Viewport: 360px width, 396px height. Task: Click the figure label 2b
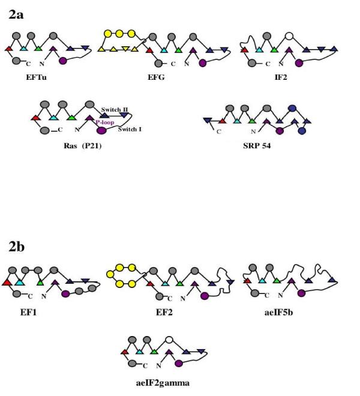[17, 246]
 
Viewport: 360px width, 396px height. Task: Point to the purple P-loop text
[104, 121]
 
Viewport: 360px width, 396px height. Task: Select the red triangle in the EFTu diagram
[9, 48]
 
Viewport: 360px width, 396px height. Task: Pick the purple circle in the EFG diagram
[202, 62]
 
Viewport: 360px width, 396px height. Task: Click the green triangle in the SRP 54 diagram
[252, 121]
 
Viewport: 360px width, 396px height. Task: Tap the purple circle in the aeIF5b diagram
[301, 293]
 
